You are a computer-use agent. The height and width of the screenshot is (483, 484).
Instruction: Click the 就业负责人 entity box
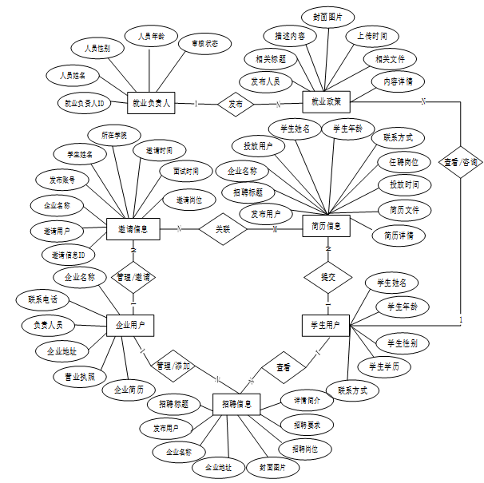[150, 103]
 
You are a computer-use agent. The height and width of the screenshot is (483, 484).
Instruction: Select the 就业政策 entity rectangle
[326, 102]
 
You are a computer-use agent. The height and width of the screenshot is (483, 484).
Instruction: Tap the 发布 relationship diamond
[236, 104]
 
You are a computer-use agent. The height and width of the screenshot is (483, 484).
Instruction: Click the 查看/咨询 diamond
[462, 162]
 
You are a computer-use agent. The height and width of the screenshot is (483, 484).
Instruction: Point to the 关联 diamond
[222, 228]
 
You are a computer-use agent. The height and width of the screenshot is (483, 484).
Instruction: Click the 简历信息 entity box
[327, 226]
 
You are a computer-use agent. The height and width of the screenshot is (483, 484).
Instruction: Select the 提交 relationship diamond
[327, 277]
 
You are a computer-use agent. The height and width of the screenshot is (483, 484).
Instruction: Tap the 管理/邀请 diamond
[133, 277]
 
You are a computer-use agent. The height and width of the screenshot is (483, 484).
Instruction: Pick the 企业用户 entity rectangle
[130, 325]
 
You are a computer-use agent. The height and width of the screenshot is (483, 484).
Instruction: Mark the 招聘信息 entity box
[236, 405]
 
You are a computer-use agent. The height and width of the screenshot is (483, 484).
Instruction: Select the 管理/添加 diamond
[173, 365]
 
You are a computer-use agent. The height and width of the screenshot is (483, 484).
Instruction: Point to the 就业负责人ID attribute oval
[85, 103]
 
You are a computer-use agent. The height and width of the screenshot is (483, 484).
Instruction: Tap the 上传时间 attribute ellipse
[371, 37]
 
